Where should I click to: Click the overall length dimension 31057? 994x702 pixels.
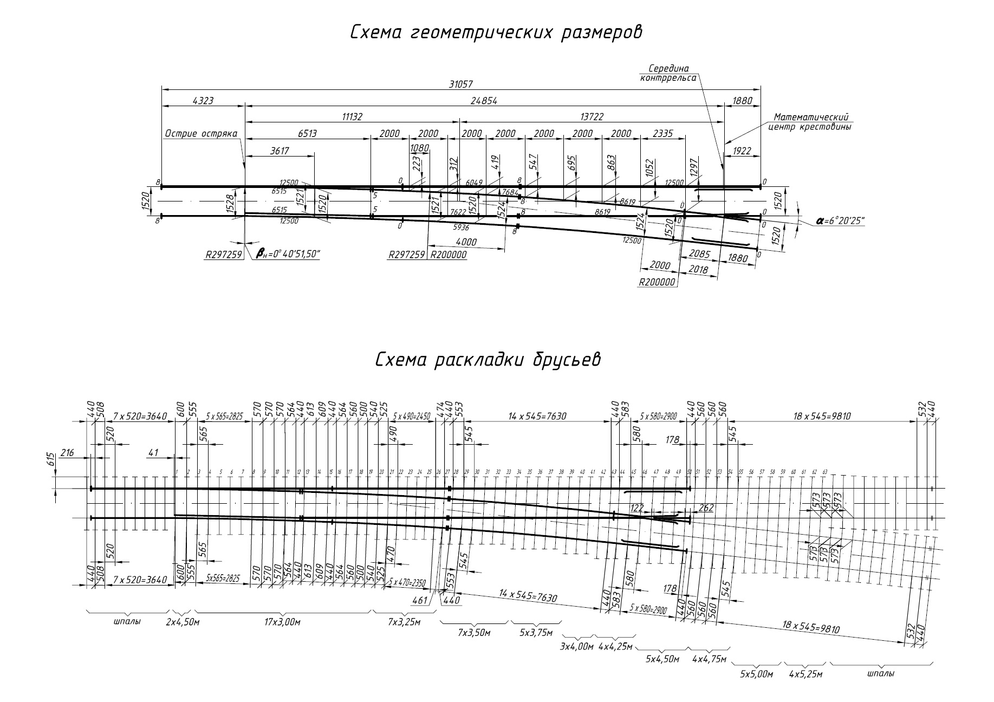[x=461, y=83]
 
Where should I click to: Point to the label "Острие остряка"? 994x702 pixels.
[x=201, y=134]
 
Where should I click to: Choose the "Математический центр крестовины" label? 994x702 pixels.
[x=810, y=122]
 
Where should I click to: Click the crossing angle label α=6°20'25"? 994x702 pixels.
[x=840, y=222]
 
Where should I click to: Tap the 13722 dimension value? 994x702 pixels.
[x=592, y=117]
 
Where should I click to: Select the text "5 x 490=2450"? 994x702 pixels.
[x=412, y=416]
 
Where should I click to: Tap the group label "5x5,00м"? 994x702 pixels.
[x=757, y=674]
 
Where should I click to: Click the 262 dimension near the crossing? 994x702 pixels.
[x=706, y=508]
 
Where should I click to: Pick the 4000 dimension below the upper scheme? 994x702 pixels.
[x=466, y=242]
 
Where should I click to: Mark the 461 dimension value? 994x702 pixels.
[x=420, y=600]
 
